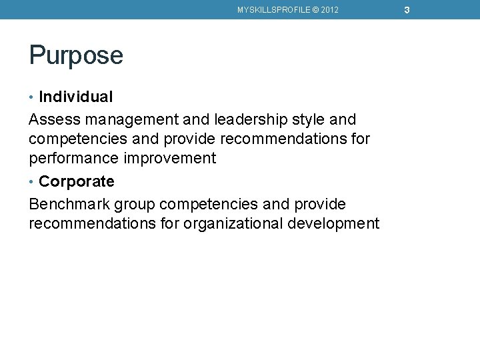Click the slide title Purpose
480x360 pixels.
pyautogui.click(x=76, y=56)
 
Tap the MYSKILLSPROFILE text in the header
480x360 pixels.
pyautogui.click(x=273, y=10)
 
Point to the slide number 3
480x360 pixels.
pyautogui.click(x=406, y=10)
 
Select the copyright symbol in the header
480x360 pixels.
pyautogui.click(x=313, y=10)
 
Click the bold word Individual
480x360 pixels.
pyautogui.click(x=76, y=97)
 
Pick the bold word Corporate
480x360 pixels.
pyautogui.click(x=77, y=181)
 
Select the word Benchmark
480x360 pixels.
pyautogui.click(x=69, y=204)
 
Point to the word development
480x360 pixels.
pyautogui.click(x=333, y=223)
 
